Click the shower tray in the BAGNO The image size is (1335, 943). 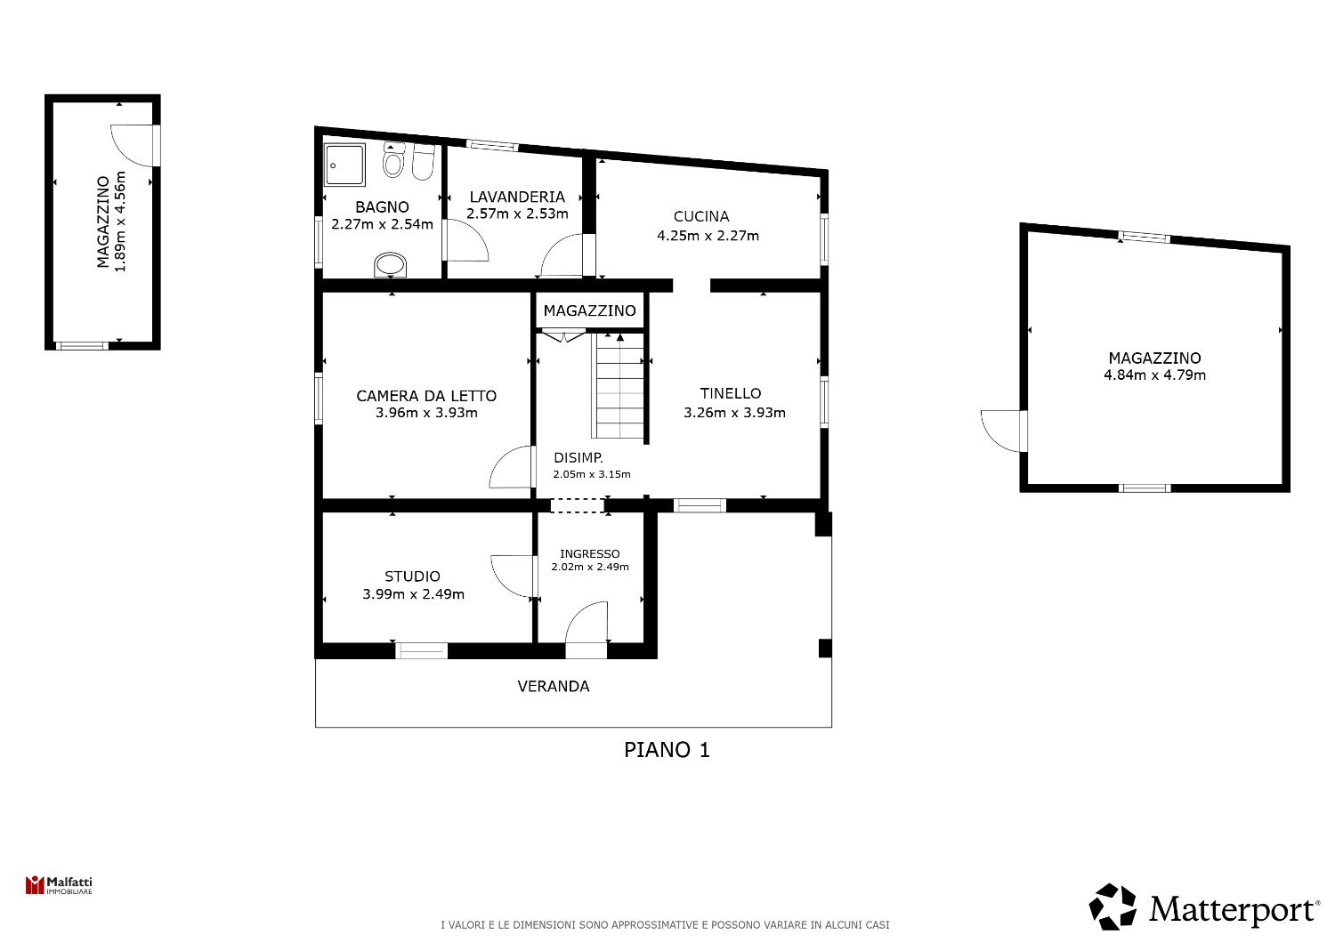click(x=344, y=165)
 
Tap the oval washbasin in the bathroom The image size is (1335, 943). click(x=391, y=265)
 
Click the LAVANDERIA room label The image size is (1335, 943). click(x=517, y=197)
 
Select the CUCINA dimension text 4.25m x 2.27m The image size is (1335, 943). click(x=708, y=236)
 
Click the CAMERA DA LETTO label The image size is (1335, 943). click(x=426, y=396)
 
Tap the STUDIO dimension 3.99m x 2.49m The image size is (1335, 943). click(x=414, y=594)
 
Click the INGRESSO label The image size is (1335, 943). click(x=590, y=554)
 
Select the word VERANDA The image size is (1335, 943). click(x=554, y=686)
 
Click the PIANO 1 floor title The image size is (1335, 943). click(x=667, y=750)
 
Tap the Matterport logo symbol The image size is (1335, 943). click(x=1112, y=907)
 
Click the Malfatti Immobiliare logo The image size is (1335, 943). click(x=59, y=885)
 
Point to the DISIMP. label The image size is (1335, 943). click(x=578, y=458)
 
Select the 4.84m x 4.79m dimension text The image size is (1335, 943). click(x=1155, y=375)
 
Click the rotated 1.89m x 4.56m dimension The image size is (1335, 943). click(x=120, y=222)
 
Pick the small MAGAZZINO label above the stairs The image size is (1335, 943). click(x=590, y=311)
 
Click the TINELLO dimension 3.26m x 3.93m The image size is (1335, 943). click(x=735, y=413)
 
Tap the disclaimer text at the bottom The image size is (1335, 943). click(x=665, y=925)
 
